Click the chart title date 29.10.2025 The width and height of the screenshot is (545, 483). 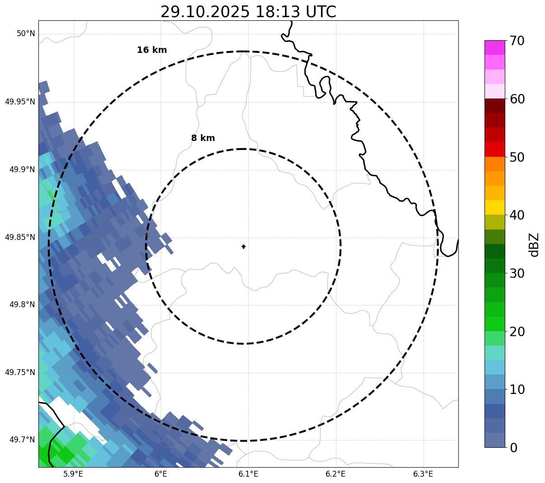[x=205, y=12]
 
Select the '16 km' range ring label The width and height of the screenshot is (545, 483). [x=152, y=50]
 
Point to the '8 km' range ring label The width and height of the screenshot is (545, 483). [x=203, y=138]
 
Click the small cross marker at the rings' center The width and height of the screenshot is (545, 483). [x=244, y=247]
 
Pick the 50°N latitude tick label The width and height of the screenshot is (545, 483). [x=26, y=34]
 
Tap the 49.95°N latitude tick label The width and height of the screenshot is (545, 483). [x=20, y=102]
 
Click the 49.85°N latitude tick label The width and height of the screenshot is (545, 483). [x=20, y=237]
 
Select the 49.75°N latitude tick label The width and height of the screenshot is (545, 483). [x=20, y=372]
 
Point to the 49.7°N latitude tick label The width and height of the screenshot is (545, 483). [x=22, y=440]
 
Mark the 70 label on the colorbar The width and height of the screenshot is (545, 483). [x=517, y=41]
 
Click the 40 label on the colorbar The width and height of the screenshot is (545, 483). [x=517, y=215]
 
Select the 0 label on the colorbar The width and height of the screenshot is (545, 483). [x=514, y=448]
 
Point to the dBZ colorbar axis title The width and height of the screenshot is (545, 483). [x=535, y=244]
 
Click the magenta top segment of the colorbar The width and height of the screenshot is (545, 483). [x=494, y=47]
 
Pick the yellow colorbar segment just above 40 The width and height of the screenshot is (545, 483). [x=494, y=207]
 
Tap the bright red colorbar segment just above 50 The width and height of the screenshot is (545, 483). [x=494, y=149]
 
